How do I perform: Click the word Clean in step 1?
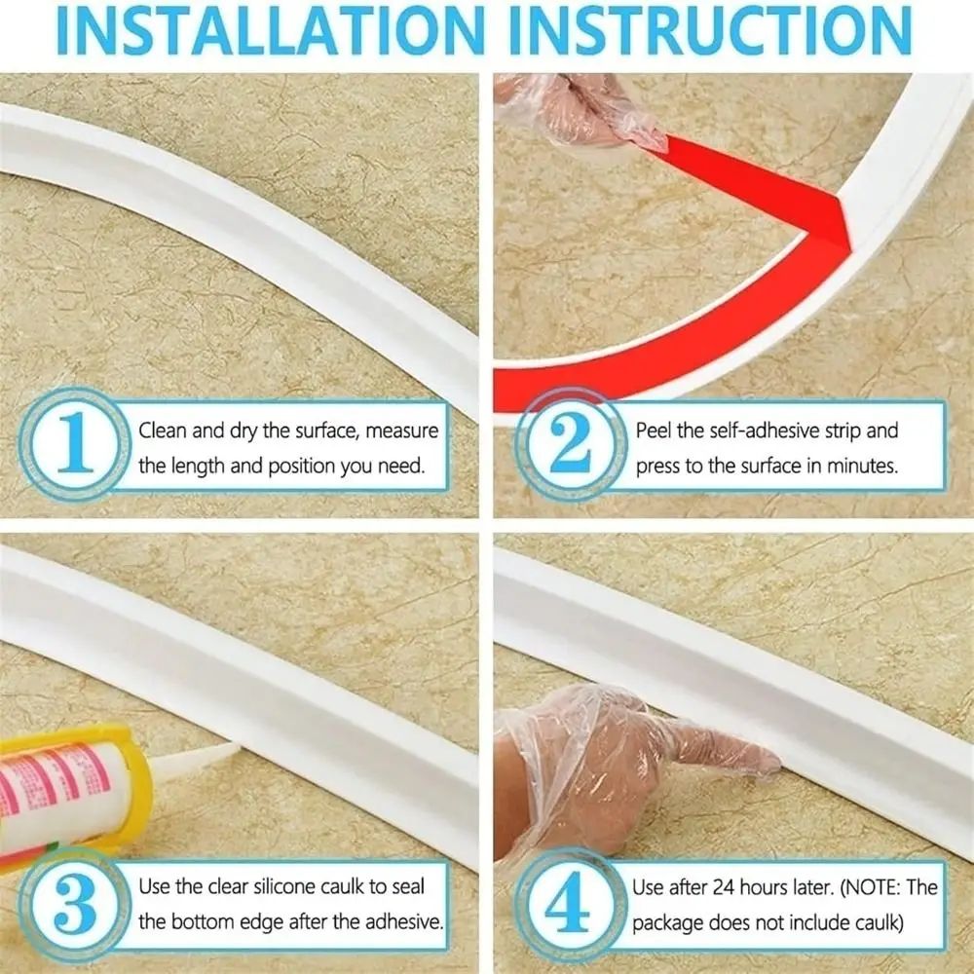pyautogui.click(x=164, y=431)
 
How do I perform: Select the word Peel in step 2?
pyautogui.click(x=655, y=431)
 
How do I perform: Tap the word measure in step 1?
pyautogui.click(x=399, y=431)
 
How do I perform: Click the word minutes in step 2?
pyautogui.click(x=859, y=466)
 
